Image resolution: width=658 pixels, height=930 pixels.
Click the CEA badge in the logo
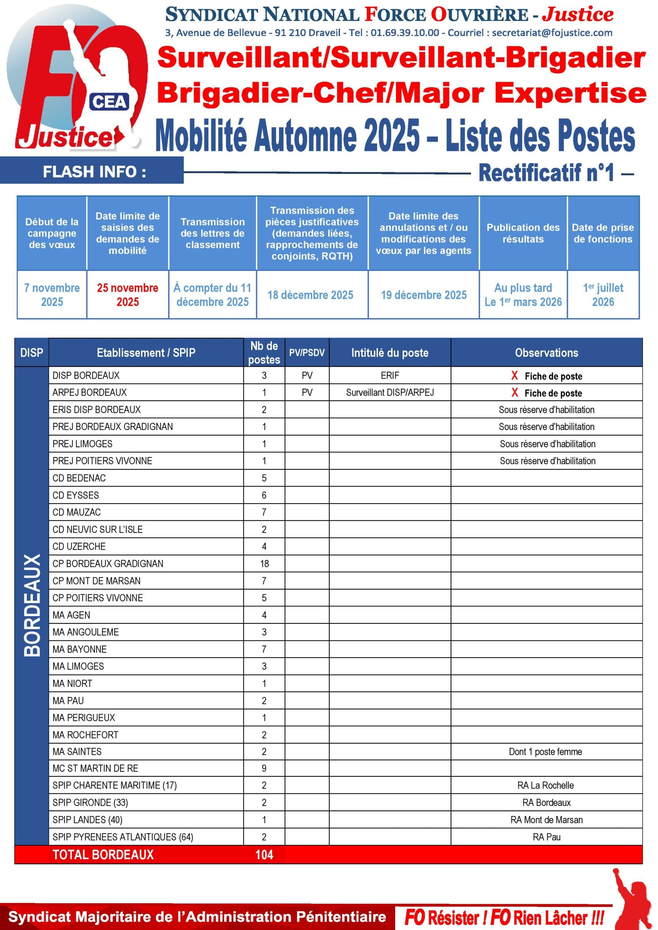[x=109, y=102]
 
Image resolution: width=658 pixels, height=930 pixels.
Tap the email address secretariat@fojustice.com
[x=552, y=33]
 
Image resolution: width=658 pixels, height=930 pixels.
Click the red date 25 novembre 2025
[x=128, y=295]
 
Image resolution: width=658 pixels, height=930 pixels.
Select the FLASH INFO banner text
[x=94, y=172]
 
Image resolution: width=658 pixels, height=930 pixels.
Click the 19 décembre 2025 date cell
[x=423, y=295]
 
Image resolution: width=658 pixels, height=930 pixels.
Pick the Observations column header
[x=546, y=352]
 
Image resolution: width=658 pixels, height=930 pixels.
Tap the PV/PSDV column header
[x=307, y=352]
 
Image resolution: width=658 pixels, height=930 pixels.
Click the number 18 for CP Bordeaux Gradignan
[x=264, y=563]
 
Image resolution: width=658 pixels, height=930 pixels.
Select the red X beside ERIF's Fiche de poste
[x=514, y=376]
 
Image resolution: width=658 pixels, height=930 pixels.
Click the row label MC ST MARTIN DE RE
[x=95, y=768]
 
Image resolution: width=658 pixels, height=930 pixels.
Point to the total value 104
[x=264, y=855]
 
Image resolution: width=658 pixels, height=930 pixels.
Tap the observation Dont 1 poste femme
[x=545, y=752]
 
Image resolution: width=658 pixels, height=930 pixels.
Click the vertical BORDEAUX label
[x=32, y=605]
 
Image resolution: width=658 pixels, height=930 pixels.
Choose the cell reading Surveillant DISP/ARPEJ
[x=390, y=392]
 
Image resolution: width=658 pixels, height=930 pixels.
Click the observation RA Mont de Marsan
[x=546, y=820]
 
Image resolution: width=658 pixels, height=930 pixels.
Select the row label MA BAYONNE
[x=80, y=649]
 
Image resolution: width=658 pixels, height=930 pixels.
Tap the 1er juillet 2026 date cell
[x=603, y=295]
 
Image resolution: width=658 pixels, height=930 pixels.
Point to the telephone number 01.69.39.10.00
[x=404, y=33]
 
